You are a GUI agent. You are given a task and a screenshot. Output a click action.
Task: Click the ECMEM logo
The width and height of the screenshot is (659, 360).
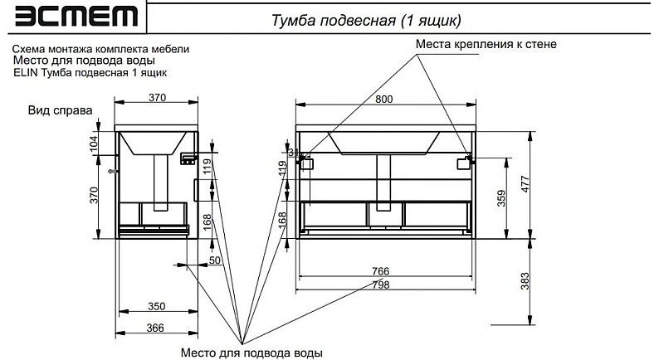[x=76, y=17]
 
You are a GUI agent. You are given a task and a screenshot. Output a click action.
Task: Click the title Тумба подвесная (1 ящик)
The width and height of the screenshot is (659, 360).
[x=366, y=20]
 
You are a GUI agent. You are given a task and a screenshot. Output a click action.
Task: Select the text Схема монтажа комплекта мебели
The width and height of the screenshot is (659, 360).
[x=101, y=49]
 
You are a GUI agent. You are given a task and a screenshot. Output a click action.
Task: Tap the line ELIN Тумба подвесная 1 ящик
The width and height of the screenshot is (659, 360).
[x=90, y=73]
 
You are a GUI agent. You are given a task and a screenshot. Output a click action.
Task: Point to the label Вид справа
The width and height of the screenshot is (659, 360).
[x=60, y=110]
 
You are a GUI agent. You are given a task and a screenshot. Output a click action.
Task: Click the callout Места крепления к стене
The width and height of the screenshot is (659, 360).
[x=486, y=44]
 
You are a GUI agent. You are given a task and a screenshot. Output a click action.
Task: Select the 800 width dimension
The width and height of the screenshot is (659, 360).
[x=384, y=100]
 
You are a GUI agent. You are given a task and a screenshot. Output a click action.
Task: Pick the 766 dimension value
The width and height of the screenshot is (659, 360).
[x=381, y=271]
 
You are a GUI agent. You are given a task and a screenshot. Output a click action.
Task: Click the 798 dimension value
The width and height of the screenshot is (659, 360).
[x=381, y=285]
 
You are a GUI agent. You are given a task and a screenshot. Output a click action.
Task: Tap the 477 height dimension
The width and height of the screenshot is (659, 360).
[x=525, y=183]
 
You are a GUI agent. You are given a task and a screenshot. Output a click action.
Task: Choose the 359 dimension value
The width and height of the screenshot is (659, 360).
[x=501, y=198]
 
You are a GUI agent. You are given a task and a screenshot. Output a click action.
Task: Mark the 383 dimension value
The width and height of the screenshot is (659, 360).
[x=525, y=281]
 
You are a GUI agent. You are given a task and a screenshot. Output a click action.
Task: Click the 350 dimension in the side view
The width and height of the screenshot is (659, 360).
[x=156, y=307]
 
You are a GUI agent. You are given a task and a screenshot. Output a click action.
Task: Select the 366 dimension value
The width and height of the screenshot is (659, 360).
[x=155, y=328]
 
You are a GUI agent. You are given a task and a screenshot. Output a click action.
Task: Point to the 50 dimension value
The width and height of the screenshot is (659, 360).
[x=215, y=260]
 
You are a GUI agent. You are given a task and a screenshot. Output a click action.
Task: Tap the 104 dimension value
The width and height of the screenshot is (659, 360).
[x=94, y=144]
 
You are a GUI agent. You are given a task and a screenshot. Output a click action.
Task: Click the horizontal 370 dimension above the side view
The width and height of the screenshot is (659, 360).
[x=157, y=97]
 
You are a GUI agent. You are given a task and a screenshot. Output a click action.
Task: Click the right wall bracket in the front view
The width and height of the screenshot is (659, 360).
[x=465, y=162]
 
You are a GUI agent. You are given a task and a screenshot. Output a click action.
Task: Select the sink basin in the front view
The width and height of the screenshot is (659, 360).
[x=383, y=143]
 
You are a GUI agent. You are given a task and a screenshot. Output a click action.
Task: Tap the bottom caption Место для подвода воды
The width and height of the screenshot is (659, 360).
[x=251, y=353]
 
